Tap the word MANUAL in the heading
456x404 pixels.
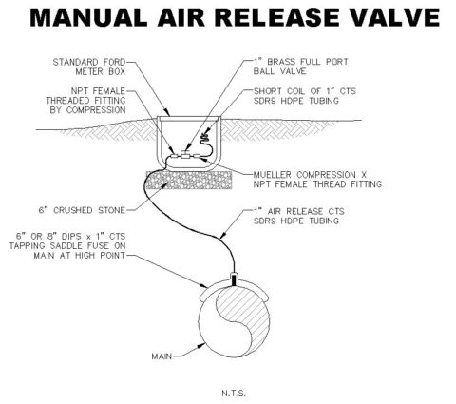[88, 18]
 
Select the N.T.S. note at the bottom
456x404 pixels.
[234, 394]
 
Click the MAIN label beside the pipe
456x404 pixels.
[161, 356]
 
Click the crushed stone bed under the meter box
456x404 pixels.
[189, 180]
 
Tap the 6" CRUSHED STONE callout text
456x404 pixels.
[82, 210]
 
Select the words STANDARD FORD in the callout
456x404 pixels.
[89, 62]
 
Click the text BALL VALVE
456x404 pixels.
[279, 71]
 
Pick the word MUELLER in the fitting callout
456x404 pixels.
[273, 175]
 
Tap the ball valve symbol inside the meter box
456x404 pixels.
[185, 155]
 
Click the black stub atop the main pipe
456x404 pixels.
[234, 279]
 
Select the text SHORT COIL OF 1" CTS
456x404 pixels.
[305, 91]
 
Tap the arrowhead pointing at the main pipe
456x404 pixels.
[201, 345]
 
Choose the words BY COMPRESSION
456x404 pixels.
[87, 110]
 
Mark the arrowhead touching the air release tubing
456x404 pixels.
[223, 235]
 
